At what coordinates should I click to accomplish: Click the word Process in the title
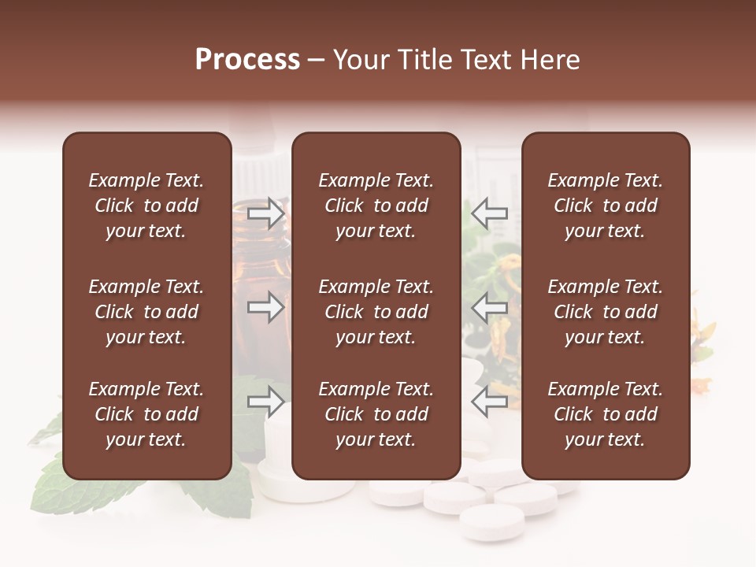(x=247, y=60)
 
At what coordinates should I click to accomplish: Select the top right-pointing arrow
(x=265, y=213)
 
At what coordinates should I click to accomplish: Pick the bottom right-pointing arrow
(x=265, y=402)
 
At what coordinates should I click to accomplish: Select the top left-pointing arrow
(x=489, y=213)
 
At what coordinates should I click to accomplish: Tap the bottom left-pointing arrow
(x=489, y=402)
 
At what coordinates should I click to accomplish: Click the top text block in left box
(x=146, y=206)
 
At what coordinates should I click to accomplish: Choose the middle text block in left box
(x=146, y=312)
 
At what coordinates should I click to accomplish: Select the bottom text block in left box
(x=146, y=414)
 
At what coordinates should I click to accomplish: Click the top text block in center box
(x=376, y=206)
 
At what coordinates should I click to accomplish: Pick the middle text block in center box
(x=376, y=312)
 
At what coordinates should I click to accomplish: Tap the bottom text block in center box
(x=376, y=414)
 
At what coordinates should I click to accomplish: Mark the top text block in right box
(x=605, y=206)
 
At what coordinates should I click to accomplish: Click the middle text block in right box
(x=605, y=312)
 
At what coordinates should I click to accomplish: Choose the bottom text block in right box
(x=605, y=414)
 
